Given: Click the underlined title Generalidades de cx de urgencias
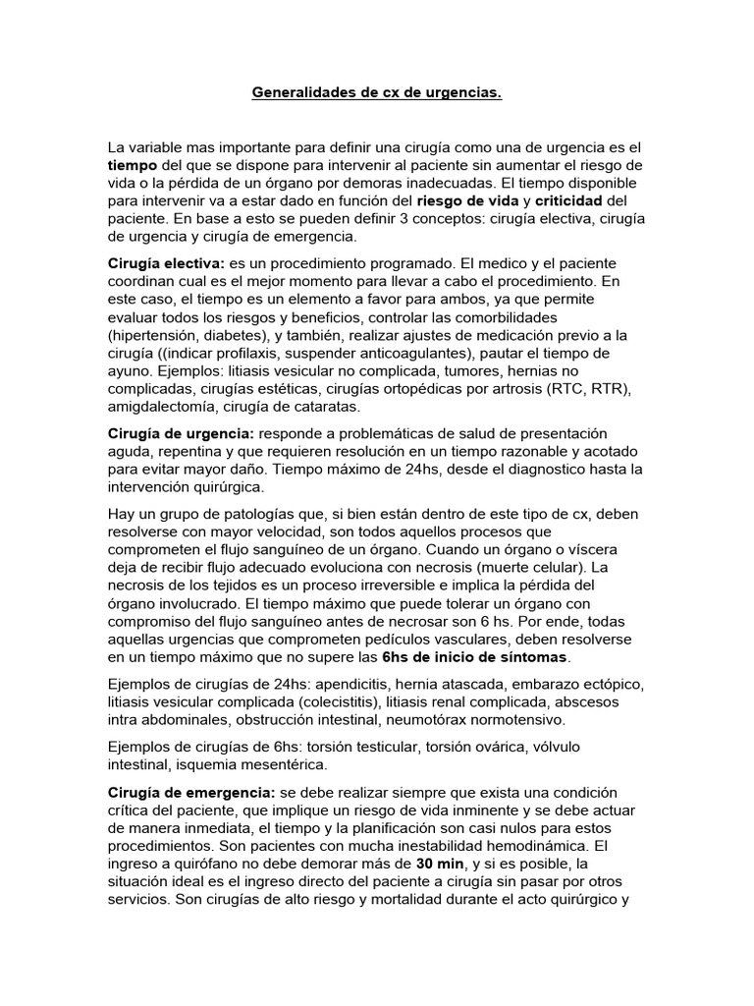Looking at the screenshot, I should [377, 93].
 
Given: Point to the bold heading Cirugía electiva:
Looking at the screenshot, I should [166, 265].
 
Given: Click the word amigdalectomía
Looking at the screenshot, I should [163, 406].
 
